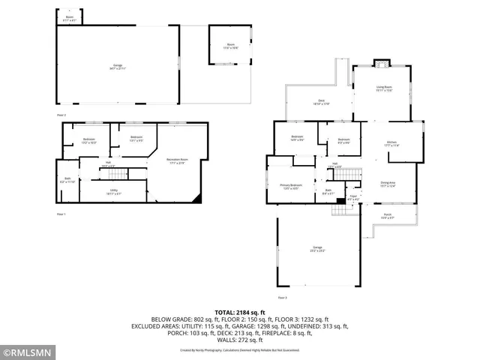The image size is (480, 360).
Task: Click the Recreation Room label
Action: (x=177, y=162)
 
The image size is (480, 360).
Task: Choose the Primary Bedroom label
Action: (x=291, y=186)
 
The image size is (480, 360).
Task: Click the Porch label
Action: (x=388, y=216)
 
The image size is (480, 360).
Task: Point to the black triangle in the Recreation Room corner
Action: (x=196, y=199)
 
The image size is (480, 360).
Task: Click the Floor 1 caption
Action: (x=61, y=214)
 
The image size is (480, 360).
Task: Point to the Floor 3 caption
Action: (x=282, y=298)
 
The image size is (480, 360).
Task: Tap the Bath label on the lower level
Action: (x=67, y=180)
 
